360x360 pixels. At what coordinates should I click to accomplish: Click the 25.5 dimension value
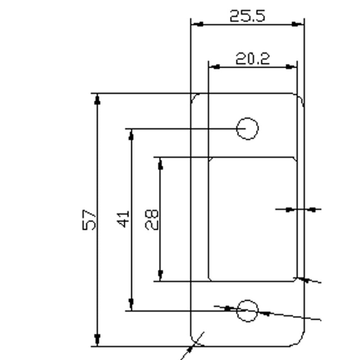(x=247, y=16)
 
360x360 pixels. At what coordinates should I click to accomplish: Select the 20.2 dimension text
(x=253, y=59)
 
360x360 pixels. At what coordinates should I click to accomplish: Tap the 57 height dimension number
(x=89, y=220)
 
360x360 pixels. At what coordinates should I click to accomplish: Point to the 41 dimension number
(x=123, y=219)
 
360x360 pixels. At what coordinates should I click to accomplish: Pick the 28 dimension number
(x=152, y=220)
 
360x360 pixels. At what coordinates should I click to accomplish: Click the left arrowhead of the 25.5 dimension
(x=197, y=24)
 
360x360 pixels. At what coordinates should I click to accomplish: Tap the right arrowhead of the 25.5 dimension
(x=298, y=24)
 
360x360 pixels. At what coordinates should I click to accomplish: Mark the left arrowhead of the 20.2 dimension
(x=214, y=67)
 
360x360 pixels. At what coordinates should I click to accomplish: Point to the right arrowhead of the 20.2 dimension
(x=291, y=67)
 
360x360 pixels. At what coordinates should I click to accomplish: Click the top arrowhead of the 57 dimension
(x=97, y=99)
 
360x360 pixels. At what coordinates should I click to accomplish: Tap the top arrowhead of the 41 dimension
(x=131, y=135)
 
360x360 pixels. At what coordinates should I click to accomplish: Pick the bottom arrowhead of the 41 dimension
(x=131, y=305)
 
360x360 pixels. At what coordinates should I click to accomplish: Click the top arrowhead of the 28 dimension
(x=160, y=164)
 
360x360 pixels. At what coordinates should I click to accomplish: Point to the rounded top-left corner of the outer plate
(x=194, y=97)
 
